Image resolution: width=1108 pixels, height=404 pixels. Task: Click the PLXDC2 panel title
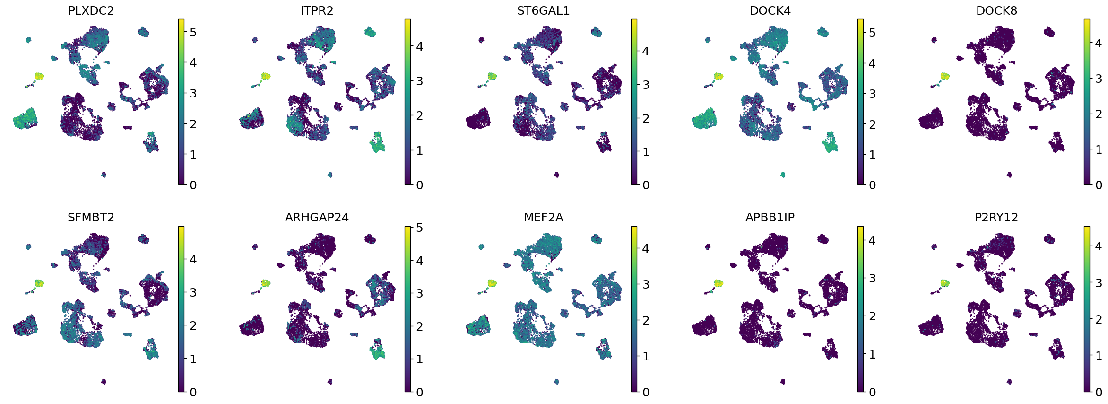(91, 10)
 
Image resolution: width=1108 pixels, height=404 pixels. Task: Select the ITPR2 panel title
(317, 10)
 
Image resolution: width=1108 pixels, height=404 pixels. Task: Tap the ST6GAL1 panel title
(543, 10)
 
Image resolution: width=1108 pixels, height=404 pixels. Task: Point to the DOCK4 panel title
(770, 10)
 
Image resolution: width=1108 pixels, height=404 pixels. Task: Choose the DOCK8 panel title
(996, 10)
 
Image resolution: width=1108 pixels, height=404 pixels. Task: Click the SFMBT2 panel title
(91, 217)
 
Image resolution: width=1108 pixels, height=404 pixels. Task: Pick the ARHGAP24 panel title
(317, 217)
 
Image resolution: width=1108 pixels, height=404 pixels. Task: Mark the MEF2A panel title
(543, 217)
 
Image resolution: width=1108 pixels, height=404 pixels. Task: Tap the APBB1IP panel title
(770, 217)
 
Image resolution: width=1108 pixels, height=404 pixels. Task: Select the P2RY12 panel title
(996, 217)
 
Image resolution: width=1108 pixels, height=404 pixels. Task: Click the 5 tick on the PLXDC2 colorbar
(193, 32)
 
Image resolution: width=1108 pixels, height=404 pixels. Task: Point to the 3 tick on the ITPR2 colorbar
(419, 81)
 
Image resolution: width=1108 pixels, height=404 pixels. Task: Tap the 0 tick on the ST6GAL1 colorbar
(646, 185)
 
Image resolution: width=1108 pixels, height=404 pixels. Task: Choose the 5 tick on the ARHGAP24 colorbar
(419, 228)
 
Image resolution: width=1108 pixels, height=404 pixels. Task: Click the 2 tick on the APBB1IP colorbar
(872, 316)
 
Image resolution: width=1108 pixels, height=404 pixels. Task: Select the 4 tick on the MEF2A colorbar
(646, 248)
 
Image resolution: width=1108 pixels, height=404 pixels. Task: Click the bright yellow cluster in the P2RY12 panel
(945, 283)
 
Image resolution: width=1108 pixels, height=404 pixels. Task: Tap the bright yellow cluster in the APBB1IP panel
(719, 283)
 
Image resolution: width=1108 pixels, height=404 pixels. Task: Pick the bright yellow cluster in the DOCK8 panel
(945, 76)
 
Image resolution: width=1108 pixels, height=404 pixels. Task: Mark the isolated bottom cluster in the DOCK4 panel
(783, 175)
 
